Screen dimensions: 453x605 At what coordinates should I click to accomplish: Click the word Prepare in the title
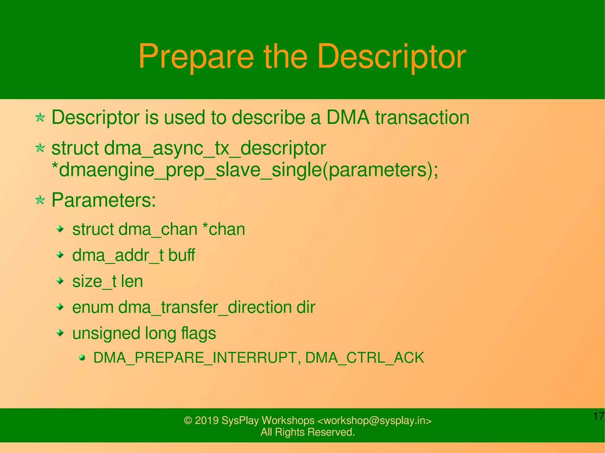point(196,57)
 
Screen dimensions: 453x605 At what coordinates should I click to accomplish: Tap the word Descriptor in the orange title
point(392,57)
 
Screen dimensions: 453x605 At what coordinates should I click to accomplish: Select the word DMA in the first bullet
point(348,117)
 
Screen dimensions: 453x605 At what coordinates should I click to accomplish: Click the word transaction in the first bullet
point(422,117)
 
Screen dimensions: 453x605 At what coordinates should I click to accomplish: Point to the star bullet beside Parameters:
point(40,201)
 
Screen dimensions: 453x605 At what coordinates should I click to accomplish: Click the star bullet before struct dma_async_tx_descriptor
point(40,148)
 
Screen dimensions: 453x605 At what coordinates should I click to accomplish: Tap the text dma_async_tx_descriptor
point(215,148)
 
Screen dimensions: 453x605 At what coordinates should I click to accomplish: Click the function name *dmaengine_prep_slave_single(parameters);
point(245,171)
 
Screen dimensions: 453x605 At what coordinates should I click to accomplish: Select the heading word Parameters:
point(104,200)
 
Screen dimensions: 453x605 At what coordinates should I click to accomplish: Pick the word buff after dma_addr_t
point(181,255)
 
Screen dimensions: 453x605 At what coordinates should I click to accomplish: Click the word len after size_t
point(132,281)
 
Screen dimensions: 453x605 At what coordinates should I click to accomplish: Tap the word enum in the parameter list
point(93,307)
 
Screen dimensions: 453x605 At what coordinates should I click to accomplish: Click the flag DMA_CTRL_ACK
point(365,358)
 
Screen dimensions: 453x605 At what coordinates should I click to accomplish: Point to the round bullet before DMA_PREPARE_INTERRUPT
point(82,358)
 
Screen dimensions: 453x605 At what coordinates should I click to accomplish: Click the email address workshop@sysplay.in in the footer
point(374,420)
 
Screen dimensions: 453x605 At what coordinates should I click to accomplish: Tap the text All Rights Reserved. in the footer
point(308,432)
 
